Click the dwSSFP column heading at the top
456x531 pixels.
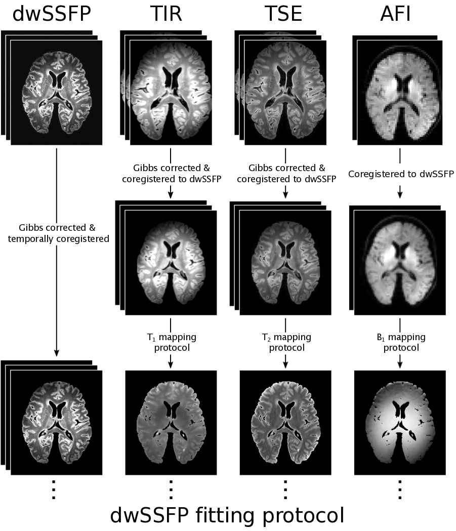point(52,15)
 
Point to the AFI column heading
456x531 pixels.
point(395,15)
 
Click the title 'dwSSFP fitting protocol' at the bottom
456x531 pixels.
point(227,515)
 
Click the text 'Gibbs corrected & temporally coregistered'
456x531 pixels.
point(64,234)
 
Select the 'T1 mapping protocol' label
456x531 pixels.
point(171,342)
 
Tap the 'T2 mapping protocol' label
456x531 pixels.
point(285,342)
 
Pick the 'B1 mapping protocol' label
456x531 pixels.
point(400,342)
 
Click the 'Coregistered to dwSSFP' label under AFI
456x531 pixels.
point(400,174)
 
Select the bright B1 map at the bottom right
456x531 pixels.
point(400,423)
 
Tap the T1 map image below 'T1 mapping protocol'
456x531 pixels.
point(171,423)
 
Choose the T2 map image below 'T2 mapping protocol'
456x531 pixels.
point(285,423)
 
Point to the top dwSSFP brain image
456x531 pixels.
point(56,93)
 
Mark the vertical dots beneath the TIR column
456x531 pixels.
point(171,490)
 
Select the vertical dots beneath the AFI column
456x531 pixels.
point(400,490)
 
